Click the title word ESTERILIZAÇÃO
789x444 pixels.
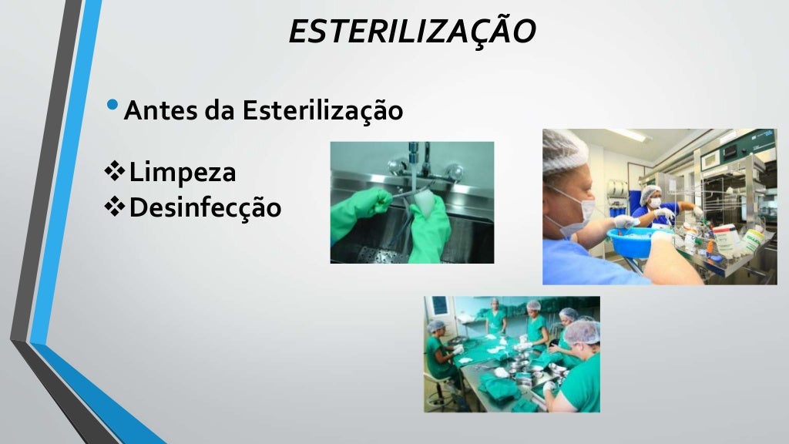tap(412, 31)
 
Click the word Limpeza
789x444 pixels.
tap(183, 172)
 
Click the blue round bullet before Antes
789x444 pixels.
tap(114, 105)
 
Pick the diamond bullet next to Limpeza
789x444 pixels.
tap(115, 171)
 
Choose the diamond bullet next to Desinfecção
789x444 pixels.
tap(115, 206)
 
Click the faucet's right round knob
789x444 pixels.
tap(455, 170)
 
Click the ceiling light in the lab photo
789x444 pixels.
tap(627, 135)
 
